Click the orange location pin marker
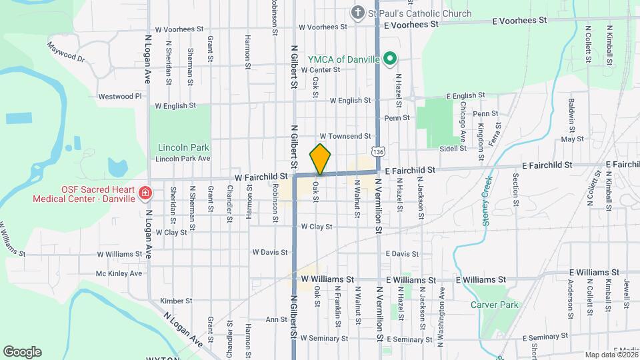tap(320, 159)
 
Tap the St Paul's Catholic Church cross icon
tap(358, 13)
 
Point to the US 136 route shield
tap(379, 152)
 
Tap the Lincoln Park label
tap(183, 147)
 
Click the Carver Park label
tap(494, 305)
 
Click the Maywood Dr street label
tap(66, 53)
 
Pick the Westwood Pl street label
tap(120, 96)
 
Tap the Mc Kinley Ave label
tap(119, 273)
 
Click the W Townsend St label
tap(345, 136)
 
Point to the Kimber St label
tap(176, 301)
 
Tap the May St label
tap(572, 139)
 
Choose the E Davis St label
tap(402, 254)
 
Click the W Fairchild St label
tap(261, 177)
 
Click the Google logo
tap(22, 352)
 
